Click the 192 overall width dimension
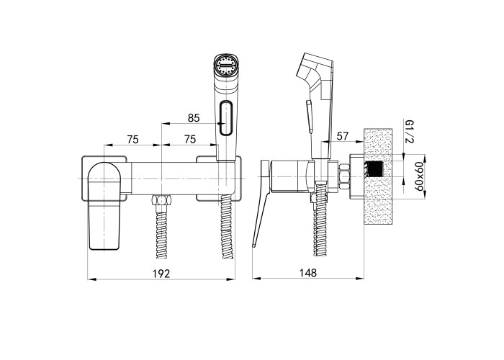point(161,274)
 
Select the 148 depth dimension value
point(308,273)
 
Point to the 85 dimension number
point(194,118)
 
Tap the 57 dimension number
point(342,136)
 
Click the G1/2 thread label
point(410,131)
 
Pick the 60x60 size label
point(418,176)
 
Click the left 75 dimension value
point(132,140)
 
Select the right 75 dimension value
point(190,140)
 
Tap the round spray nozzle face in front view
point(225,66)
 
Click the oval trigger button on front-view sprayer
point(226,117)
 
